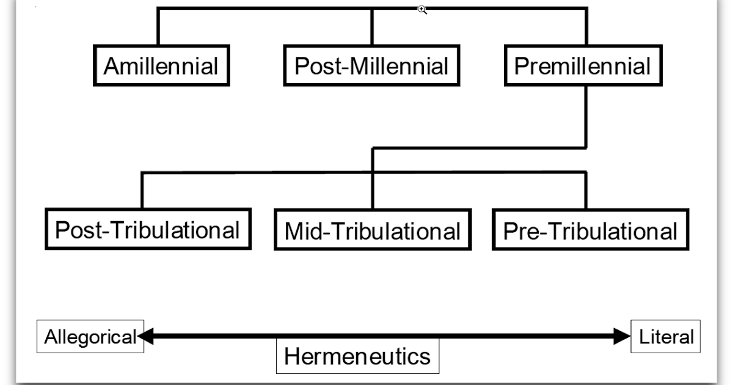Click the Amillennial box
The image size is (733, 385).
(161, 65)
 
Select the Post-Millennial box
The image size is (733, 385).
(371, 65)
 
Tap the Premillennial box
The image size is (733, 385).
(583, 65)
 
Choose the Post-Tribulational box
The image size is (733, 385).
(148, 230)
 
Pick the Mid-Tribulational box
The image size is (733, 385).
(373, 231)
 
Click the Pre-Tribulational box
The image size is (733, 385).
(590, 230)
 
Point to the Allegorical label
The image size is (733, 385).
(90, 336)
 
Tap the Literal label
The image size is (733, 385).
(666, 336)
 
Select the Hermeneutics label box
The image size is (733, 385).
(357, 356)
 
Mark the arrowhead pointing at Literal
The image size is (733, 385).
(622, 335)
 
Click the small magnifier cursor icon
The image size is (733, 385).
(422, 9)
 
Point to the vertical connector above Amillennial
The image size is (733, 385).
(158, 26)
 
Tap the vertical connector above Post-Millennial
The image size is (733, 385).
(371, 26)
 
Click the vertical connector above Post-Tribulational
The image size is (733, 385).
(142, 191)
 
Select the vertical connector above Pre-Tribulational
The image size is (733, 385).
(585, 191)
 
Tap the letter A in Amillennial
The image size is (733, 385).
(111, 66)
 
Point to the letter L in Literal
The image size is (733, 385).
(643, 336)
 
